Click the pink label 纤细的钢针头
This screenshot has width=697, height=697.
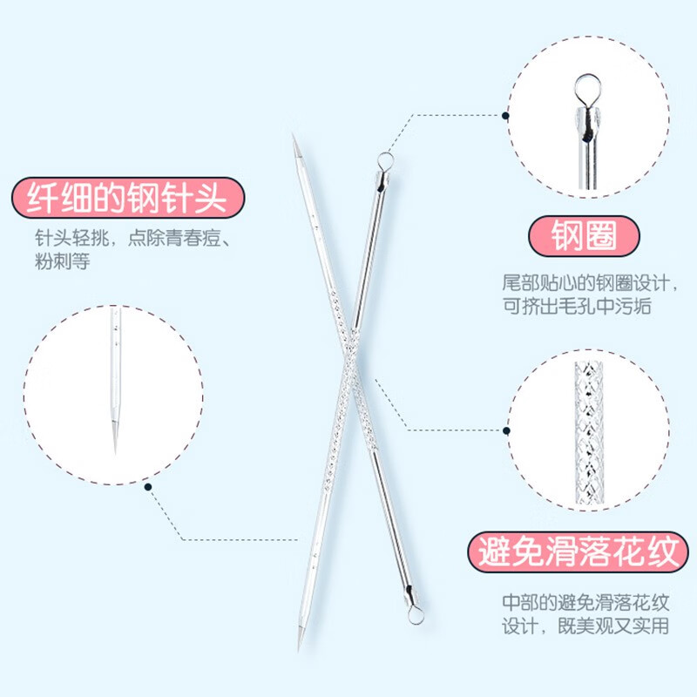(x=125, y=198)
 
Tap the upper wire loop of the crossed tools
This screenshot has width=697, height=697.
(x=383, y=159)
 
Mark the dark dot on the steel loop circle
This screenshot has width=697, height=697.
(x=507, y=113)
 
